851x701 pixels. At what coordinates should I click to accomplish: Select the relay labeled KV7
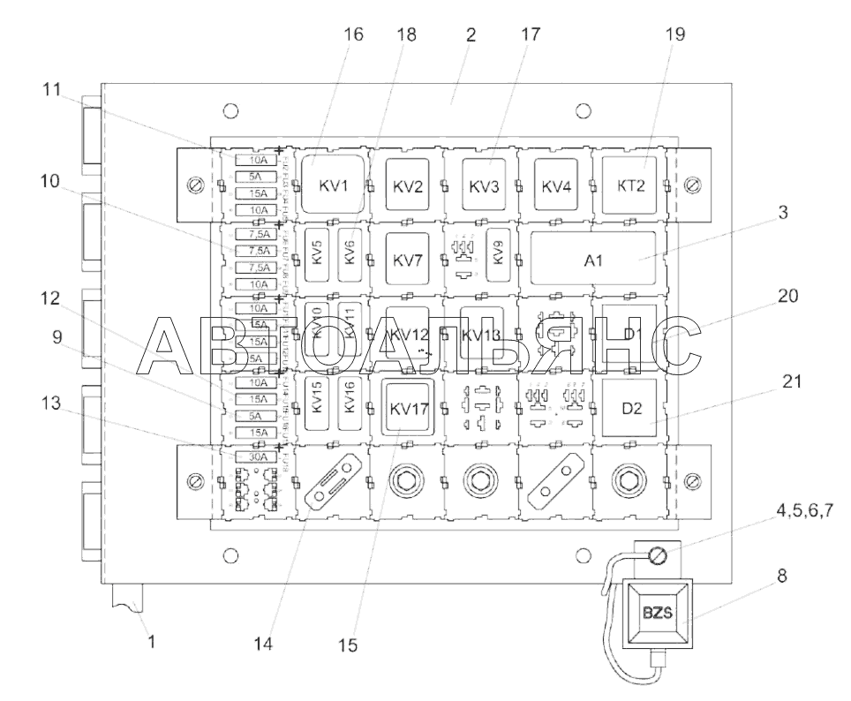pos(408,260)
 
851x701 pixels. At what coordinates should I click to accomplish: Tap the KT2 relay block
pos(632,186)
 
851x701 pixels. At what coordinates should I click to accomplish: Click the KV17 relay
pos(408,409)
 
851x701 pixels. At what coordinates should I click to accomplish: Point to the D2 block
pos(632,410)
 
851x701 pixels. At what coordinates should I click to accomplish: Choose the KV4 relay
pos(558,186)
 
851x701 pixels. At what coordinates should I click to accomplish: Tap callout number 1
pos(151,642)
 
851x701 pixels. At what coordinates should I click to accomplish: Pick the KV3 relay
pos(483,186)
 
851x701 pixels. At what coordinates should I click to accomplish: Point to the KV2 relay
pos(408,186)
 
